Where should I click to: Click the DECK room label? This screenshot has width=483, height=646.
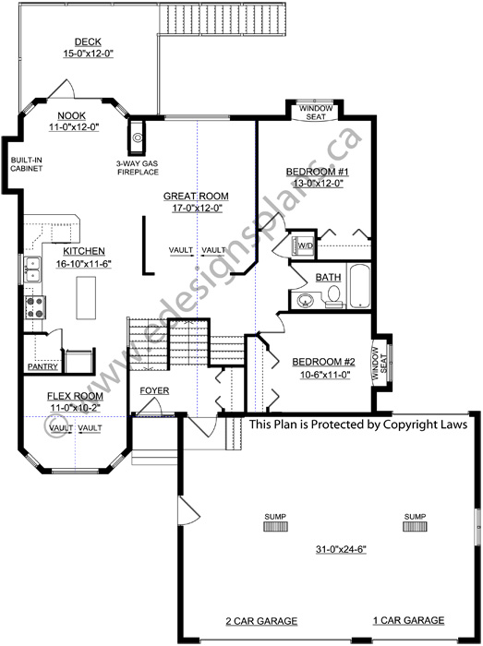tap(88, 42)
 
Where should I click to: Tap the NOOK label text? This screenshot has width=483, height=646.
tap(71, 115)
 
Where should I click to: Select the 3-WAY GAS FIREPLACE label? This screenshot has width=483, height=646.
tap(138, 168)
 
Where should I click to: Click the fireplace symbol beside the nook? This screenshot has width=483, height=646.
tap(138, 138)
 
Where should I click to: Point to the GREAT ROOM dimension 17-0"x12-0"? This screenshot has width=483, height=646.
tap(197, 209)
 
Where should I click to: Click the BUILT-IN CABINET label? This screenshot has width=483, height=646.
tap(27, 164)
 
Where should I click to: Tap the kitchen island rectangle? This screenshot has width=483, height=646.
tap(86, 297)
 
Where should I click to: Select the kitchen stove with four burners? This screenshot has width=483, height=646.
tap(35, 307)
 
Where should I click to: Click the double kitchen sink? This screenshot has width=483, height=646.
tap(32, 269)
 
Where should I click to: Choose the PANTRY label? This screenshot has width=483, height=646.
tap(42, 366)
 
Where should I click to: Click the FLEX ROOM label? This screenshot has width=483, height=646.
tap(75, 396)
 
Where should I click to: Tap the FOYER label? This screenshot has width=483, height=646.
tap(154, 390)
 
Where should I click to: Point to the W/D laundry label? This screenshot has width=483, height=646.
tap(306, 246)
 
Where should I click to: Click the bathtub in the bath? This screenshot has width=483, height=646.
tap(360, 286)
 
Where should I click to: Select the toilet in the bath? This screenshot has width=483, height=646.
tap(334, 296)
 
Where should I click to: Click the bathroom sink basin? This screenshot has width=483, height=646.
tap(305, 300)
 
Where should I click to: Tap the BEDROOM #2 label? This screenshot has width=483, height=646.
tap(323, 362)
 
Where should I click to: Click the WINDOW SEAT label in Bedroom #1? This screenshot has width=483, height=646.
tap(316, 113)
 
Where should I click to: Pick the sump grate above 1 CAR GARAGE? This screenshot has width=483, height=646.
tap(415, 526)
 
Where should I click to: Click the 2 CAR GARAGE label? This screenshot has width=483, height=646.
tap(261, 621)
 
